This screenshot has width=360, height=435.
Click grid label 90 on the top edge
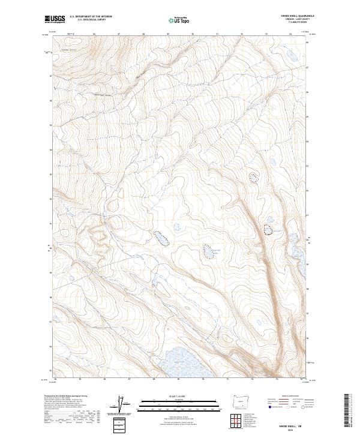193,35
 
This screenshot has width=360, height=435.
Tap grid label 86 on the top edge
95,35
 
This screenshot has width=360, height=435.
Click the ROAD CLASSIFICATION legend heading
283,397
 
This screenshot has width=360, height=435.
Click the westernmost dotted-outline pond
161,238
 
